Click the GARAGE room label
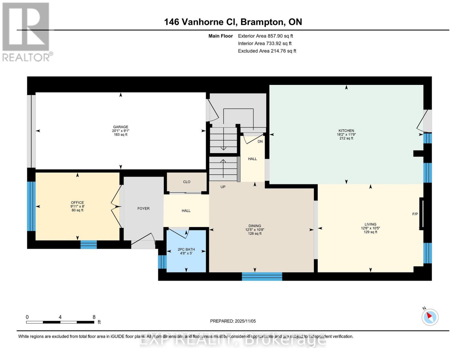(121, 127)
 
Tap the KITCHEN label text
(346, 130)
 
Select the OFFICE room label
(77, 202)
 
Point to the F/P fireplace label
(415, 214)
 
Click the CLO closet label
(187, 182)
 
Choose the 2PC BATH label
(186, 249)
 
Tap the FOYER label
(143, 208)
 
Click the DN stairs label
(260, 141)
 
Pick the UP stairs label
(223, 187)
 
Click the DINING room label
(255, 226)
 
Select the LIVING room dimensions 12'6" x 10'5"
(370, 228)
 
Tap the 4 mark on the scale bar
(60, 317)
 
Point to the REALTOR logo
(26, 31)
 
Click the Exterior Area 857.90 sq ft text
(265, 36)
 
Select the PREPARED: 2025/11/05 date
(233, 321)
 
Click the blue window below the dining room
(262, 276)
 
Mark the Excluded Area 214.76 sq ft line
(267, 51)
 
